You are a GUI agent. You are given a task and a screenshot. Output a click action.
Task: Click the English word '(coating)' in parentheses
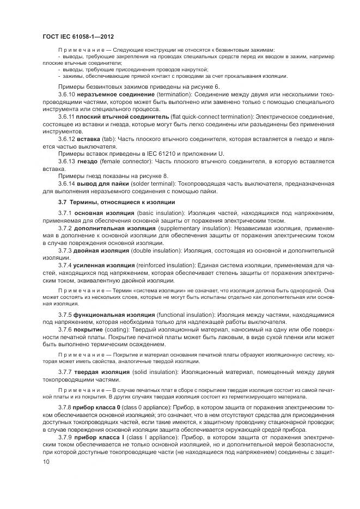click(118, 330)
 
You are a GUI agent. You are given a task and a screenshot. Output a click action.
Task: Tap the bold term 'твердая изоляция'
click(99, 372)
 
